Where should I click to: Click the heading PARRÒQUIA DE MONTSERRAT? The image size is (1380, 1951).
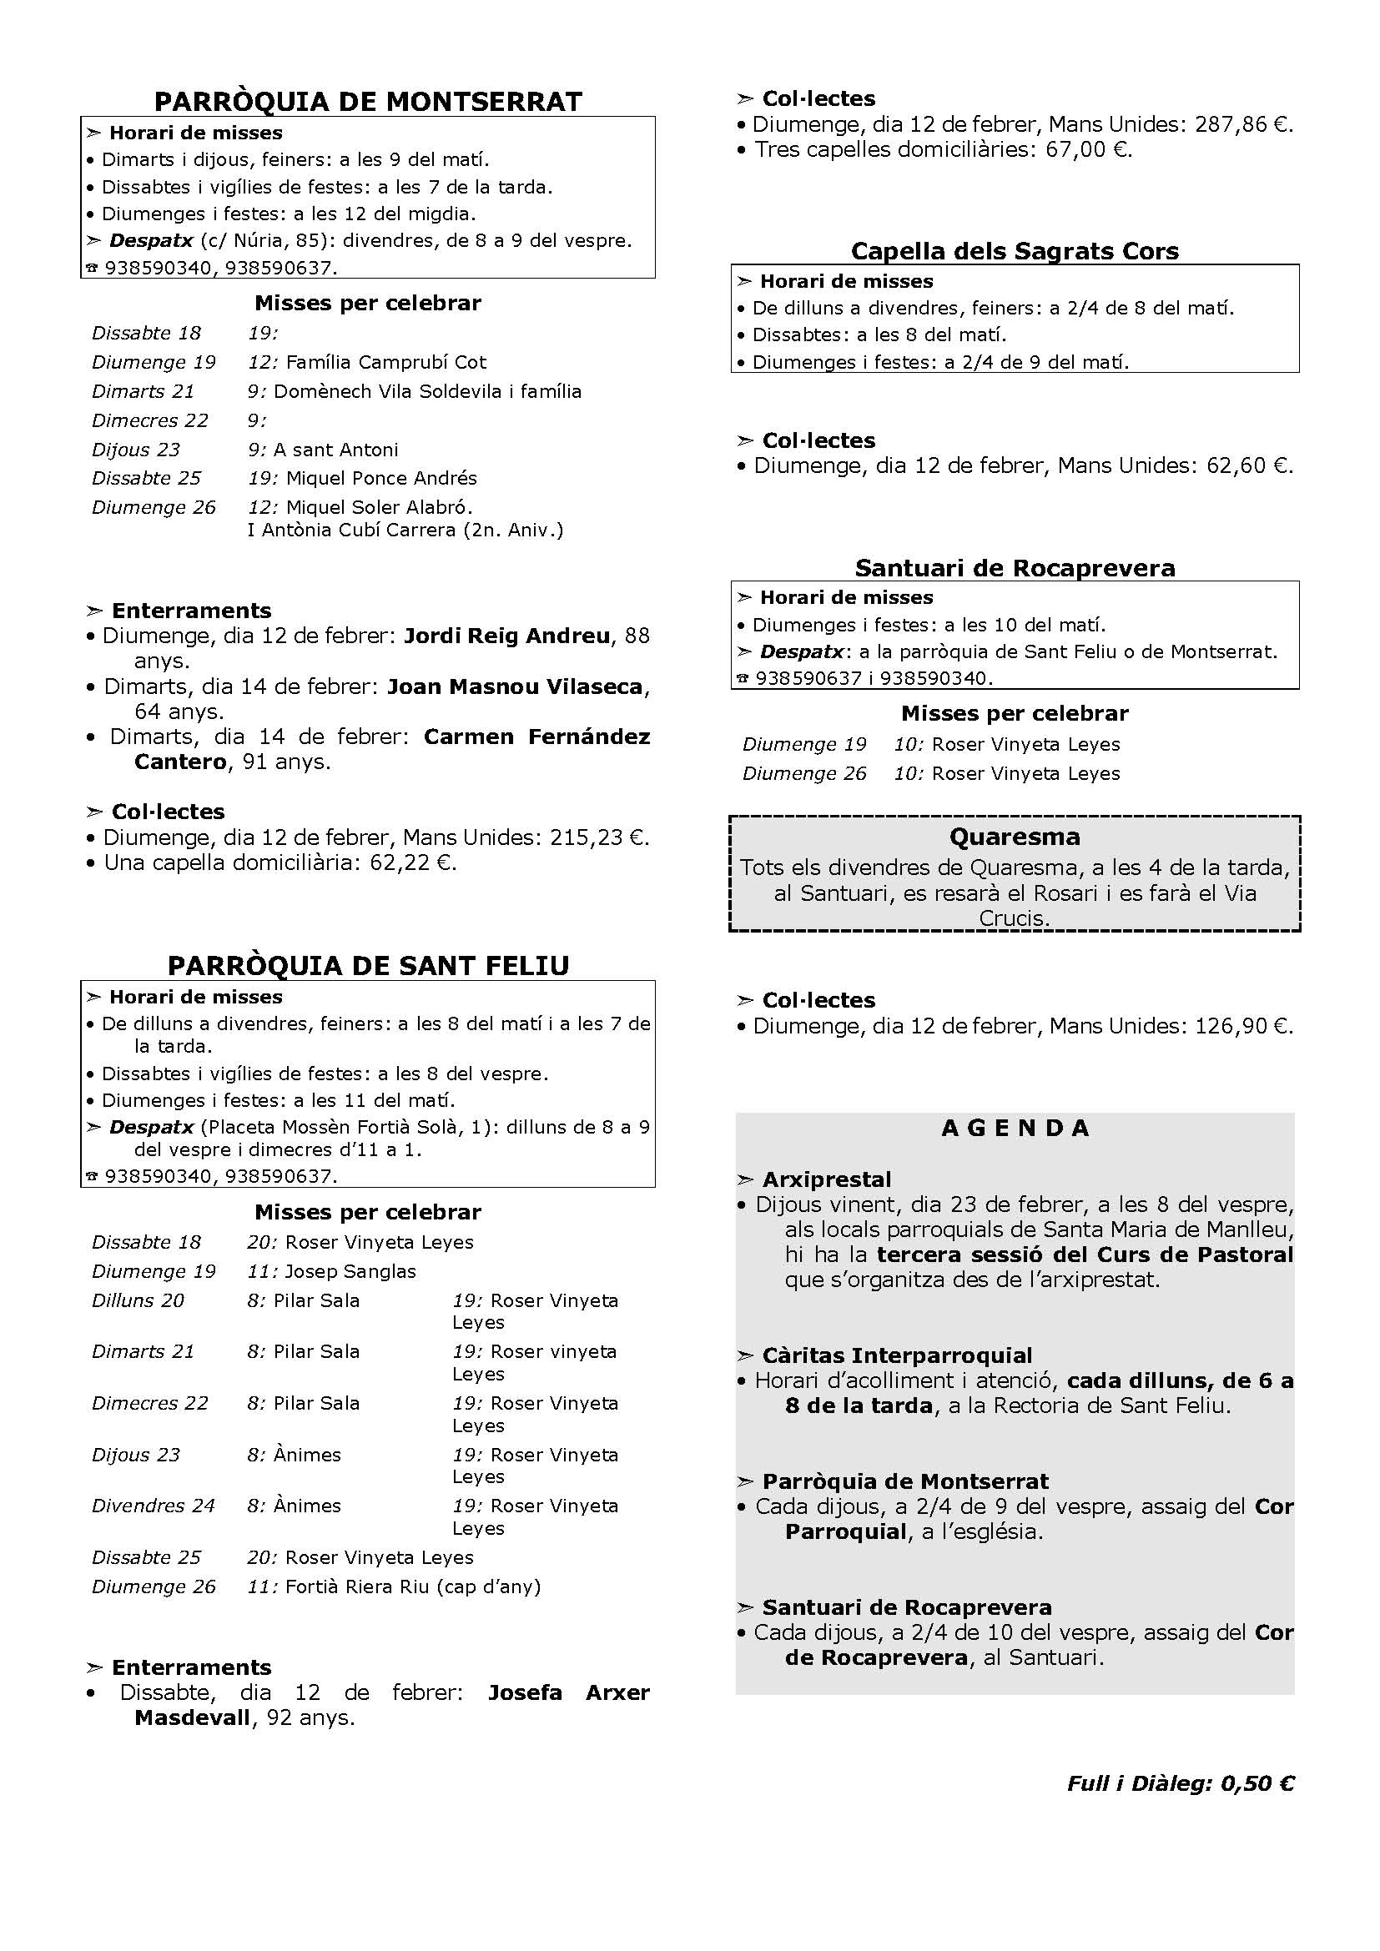coord(368,101)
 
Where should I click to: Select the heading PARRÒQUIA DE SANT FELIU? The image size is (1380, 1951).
coord(368,966)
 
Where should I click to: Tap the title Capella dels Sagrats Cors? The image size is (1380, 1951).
coord(1015,252)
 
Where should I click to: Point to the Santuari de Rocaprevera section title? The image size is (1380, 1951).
coord(1015,568)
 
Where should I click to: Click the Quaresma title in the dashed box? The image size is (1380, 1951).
coord(1015,837)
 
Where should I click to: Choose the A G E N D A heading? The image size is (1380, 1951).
coord(1015,1129)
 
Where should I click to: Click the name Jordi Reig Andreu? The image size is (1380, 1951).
coord(506,636)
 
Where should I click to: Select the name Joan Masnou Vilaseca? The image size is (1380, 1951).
coord(514,686)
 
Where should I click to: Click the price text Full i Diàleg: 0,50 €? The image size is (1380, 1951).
coord(1181,1783)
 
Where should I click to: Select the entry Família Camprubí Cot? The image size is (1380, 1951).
coord(385,363)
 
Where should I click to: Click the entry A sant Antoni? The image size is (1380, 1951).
coord(335,450)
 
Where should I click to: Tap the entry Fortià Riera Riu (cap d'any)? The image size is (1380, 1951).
coord(413,1586)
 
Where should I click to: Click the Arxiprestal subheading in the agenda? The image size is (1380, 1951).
coord(826,1179)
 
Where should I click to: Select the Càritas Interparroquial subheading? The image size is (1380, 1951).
coord(896,1355)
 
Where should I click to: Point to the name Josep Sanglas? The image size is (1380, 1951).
coord(350,1271)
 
